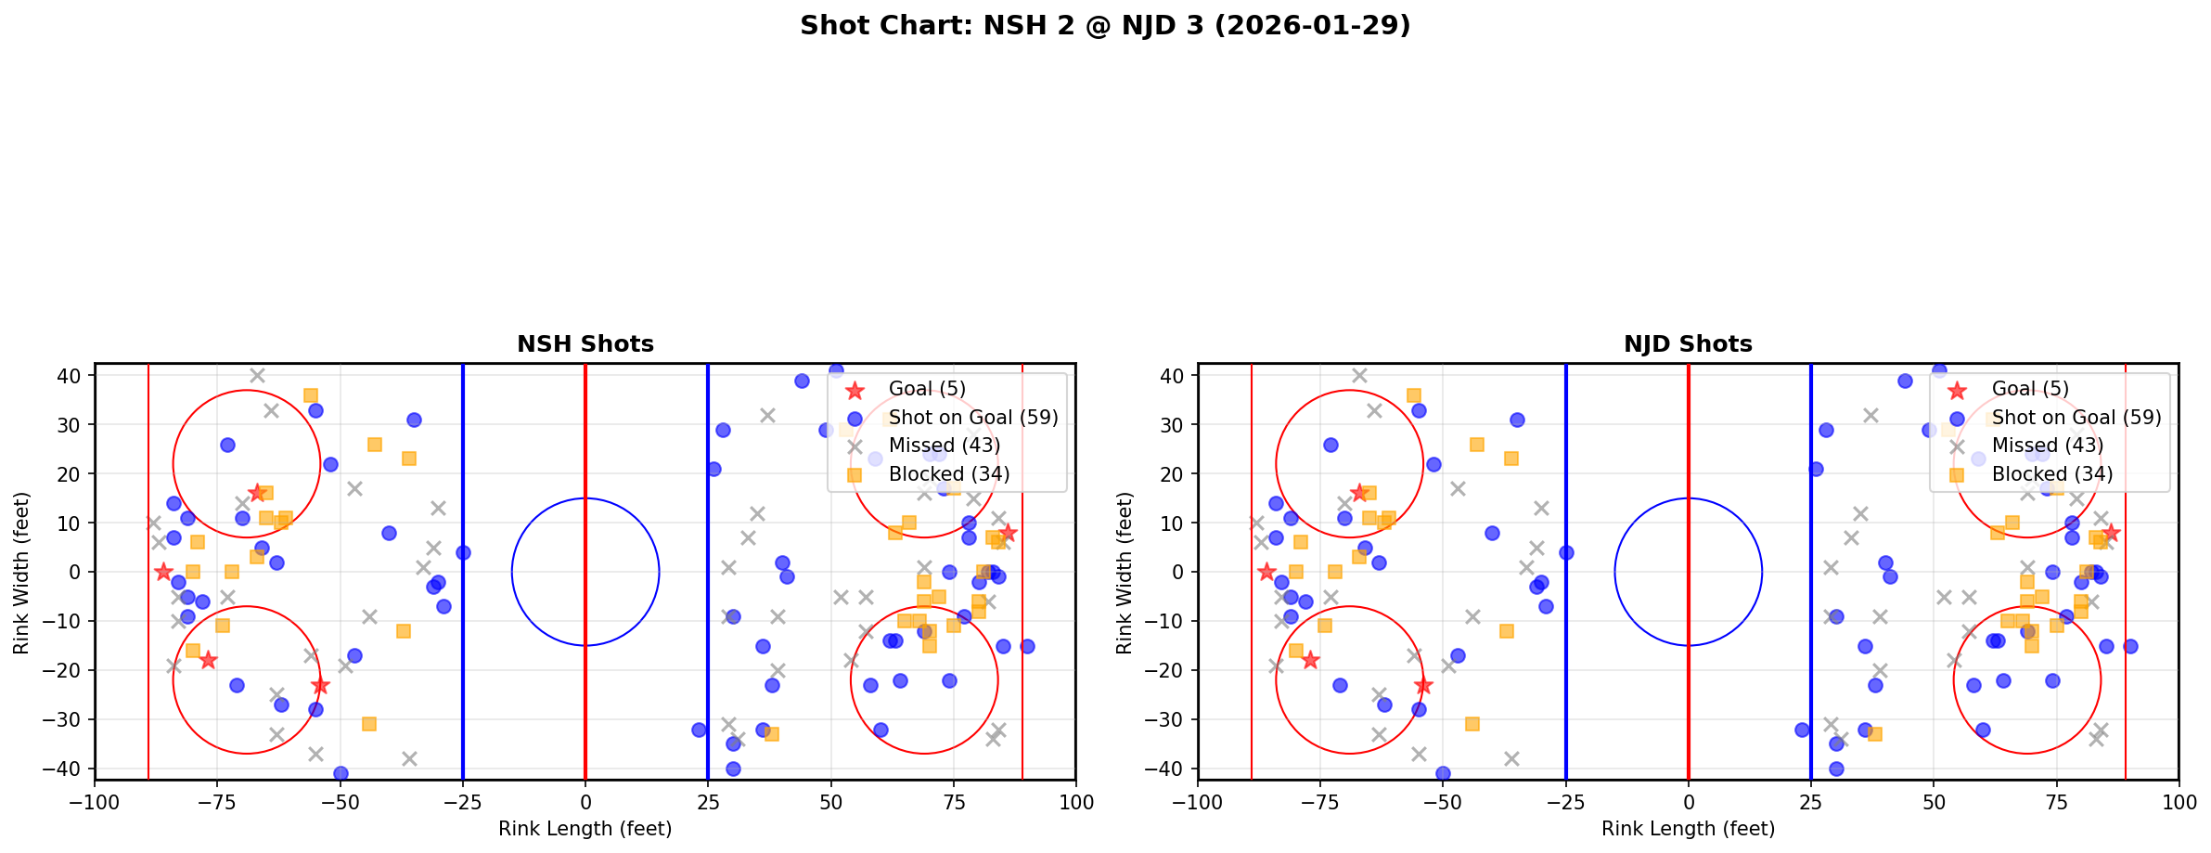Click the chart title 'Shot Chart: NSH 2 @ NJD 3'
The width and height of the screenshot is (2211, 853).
coord(1104,26)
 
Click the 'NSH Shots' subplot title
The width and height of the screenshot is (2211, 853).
coord(585,345)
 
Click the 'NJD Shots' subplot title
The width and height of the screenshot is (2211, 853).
coord(1688,345)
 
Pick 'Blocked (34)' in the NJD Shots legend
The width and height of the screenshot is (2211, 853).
coord(2051,474)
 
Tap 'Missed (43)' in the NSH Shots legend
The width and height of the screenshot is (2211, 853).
coord(944,446)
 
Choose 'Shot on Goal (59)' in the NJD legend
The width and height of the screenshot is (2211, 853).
coord(2076,419)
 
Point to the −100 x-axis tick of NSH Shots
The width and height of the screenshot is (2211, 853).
coord(95,801)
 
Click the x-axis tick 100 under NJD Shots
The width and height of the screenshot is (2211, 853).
coord(2178,801)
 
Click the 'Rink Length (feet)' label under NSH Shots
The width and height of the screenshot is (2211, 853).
coord(585,829)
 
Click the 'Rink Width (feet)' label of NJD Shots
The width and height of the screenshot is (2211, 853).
coord(1125,573)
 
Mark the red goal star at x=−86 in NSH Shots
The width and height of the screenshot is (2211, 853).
coord(164,572)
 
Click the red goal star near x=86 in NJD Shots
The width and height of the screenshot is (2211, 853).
coord(2111,533)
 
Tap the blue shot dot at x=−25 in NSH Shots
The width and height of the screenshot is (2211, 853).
coord(463,552)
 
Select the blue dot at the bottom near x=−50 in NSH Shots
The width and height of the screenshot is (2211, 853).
coord(341,773)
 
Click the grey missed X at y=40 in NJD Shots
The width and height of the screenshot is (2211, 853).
coord(1359,376)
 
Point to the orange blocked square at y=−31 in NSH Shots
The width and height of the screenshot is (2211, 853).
coord(369,724)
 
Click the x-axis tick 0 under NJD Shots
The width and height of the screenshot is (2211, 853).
coord(1688,801)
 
